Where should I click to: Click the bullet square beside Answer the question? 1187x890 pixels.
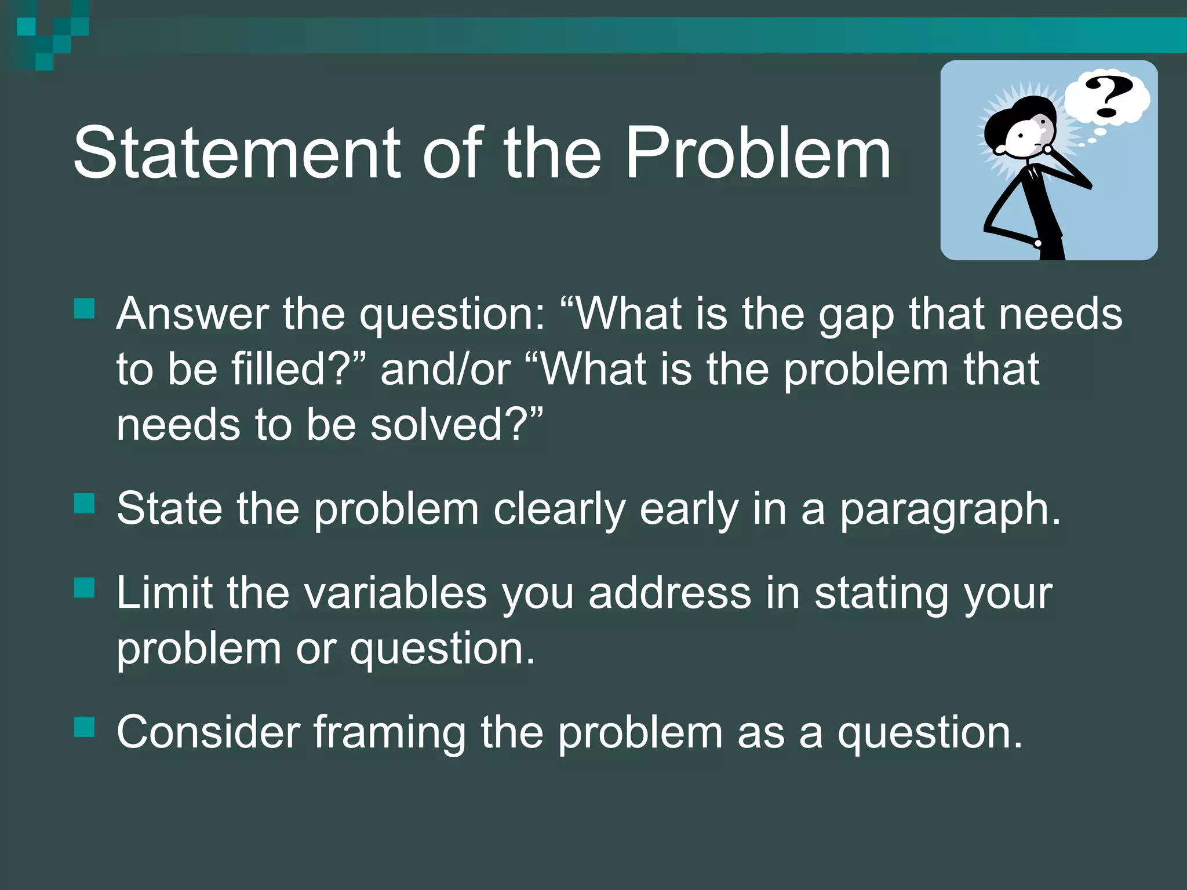85,309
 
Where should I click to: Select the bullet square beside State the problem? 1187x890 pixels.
85,504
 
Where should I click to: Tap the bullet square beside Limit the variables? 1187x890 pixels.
85,588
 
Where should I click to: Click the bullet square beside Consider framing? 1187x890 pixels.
85,727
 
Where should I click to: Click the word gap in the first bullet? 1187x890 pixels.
856,316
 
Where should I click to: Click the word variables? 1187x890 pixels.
396,593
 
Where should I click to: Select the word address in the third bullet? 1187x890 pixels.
669,593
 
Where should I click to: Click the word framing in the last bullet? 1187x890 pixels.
389,734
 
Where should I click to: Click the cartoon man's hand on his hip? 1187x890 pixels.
1037,243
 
